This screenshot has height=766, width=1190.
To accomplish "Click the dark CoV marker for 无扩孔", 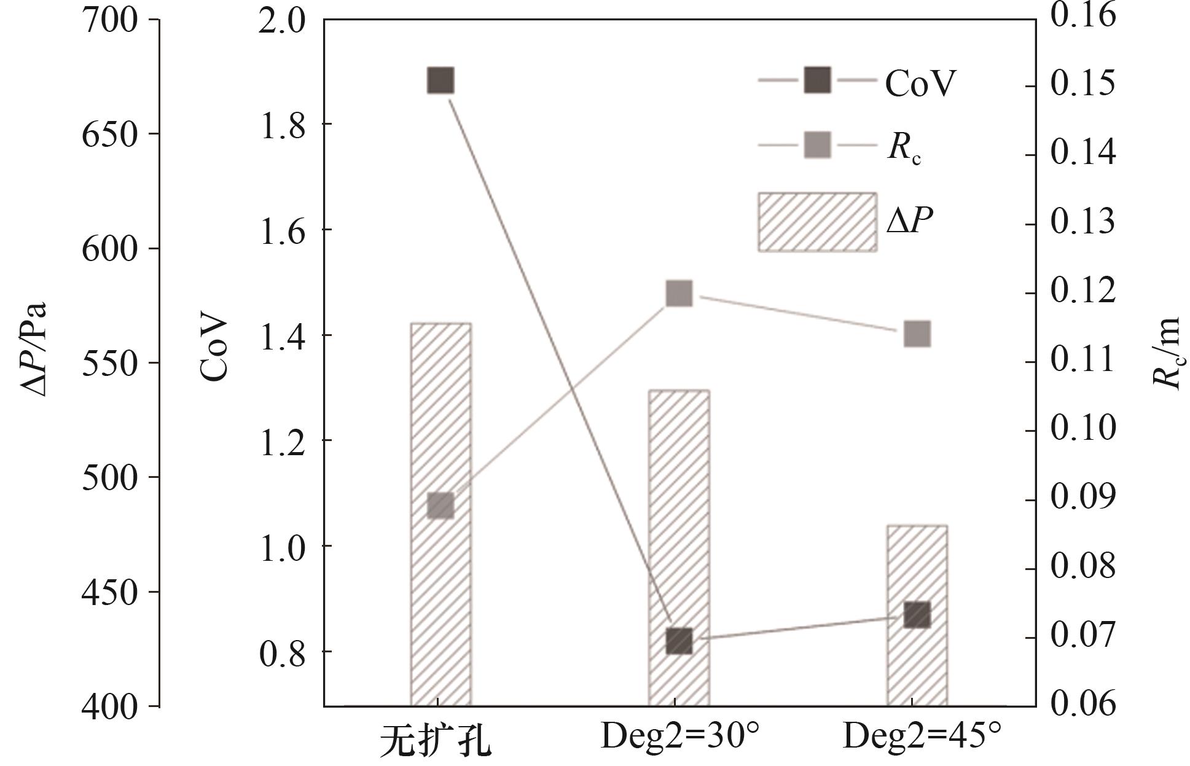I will click(x=440, y=80).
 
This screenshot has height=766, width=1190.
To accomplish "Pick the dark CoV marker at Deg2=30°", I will click(x=679, y=641).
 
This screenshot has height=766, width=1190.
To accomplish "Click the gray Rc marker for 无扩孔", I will click(x=440, y=506).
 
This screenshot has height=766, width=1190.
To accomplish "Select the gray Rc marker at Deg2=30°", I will click(x=679, y=294).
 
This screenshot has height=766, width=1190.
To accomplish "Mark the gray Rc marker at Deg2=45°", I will click(x=917, y=334).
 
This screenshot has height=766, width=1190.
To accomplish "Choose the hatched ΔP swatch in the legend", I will click(x=816, y=222).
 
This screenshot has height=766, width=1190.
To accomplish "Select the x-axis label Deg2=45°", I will click(x=922, y=736).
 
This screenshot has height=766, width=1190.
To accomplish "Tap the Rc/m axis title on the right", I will click(x=1165, y=353).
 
